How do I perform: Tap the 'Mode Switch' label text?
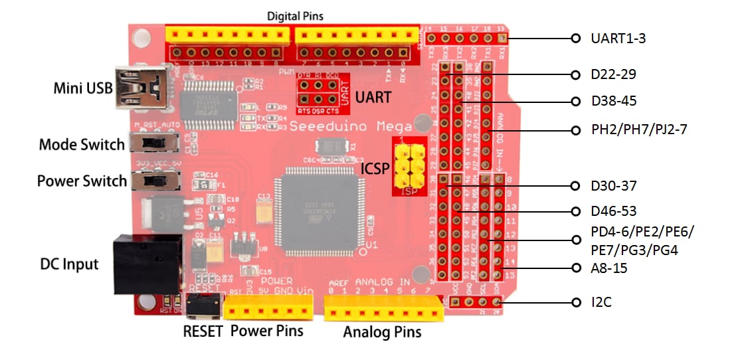click(82, 145)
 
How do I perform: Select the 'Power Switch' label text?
click(82, 181)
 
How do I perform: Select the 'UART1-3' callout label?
click(618, 39)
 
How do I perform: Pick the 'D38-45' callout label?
click(613, 102)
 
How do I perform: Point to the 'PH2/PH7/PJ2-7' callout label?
click(638, 130)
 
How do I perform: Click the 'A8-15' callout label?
click(609, 268)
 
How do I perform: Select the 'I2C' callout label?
click(602, 303)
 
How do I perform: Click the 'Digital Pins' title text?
click(295, 15)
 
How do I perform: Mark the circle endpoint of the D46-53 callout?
click(576, 211)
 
